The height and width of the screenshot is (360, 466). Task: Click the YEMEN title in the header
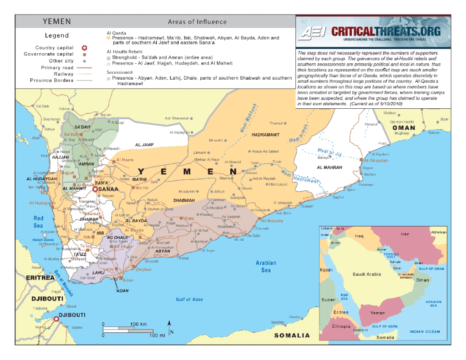click(57, 21)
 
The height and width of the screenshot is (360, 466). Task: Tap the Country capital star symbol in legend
click(84, 48)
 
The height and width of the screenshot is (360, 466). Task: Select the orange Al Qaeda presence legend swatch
click(109, 38)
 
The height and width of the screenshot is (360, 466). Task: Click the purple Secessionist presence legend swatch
click(109, 78)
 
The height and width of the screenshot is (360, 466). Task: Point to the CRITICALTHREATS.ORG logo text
click(386, 31)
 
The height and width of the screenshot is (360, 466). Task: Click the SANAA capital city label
click(108, 189)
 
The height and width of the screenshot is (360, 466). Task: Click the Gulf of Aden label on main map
click(189, 299)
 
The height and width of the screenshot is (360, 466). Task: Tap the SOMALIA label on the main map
click(292, 335)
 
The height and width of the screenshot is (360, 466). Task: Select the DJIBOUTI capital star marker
click(56, 319)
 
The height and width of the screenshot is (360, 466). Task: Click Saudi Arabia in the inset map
click(366, 274)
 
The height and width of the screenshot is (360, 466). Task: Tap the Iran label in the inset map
click(405, 234)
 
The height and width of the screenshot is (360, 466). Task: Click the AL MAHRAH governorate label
click(329, 167)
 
